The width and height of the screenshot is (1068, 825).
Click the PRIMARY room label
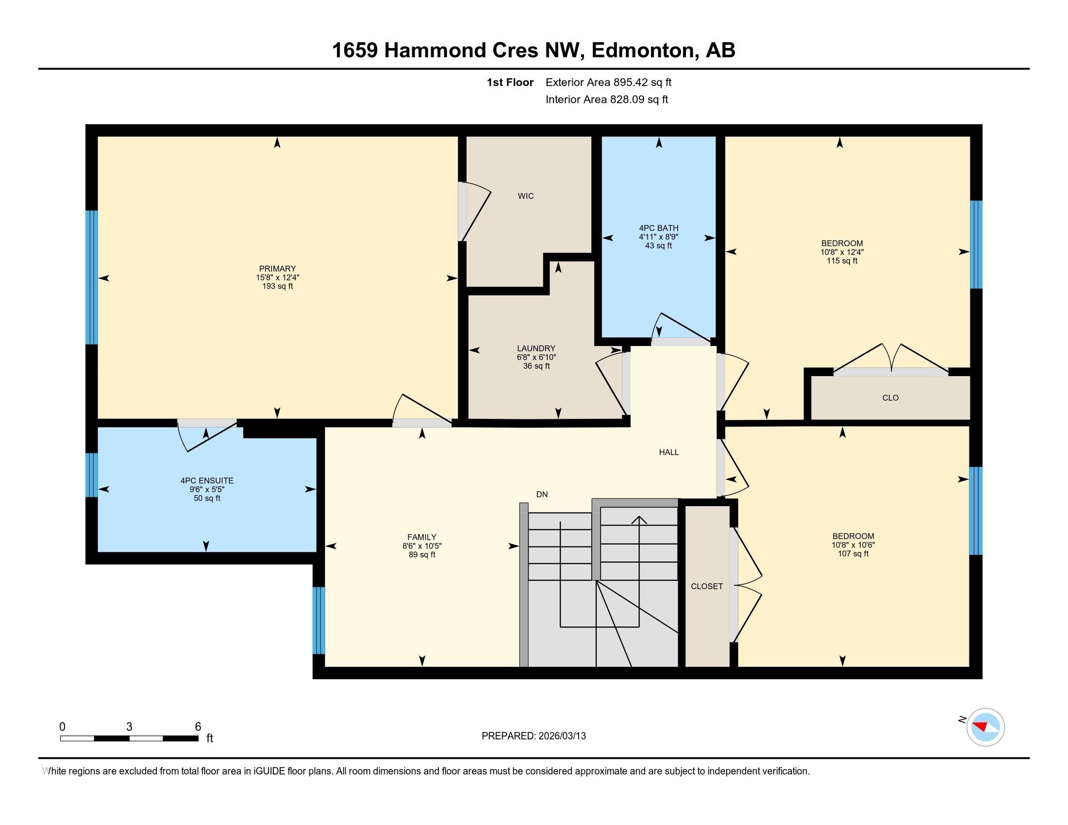277,268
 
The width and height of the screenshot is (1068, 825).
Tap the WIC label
526,196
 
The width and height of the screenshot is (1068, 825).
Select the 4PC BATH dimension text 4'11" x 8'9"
658,237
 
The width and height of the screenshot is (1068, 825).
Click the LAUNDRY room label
536,348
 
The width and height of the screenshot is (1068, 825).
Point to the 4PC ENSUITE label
207,480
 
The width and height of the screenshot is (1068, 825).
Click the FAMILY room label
421,537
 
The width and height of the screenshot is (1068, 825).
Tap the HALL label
668,452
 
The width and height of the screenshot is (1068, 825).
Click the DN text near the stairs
541,494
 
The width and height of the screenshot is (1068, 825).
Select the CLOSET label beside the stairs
707,586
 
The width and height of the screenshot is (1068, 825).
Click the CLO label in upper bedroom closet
890,398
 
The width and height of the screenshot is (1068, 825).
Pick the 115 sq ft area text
842,261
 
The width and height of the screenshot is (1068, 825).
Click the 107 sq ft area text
853,554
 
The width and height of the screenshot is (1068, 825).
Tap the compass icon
985,727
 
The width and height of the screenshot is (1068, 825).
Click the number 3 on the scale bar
129,727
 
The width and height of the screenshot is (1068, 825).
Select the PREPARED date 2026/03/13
561,736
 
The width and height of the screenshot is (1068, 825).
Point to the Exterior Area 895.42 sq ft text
608,82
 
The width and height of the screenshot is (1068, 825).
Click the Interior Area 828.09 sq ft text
606,99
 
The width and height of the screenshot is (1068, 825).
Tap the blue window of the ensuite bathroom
92,475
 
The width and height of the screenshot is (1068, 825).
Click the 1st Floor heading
510,82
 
